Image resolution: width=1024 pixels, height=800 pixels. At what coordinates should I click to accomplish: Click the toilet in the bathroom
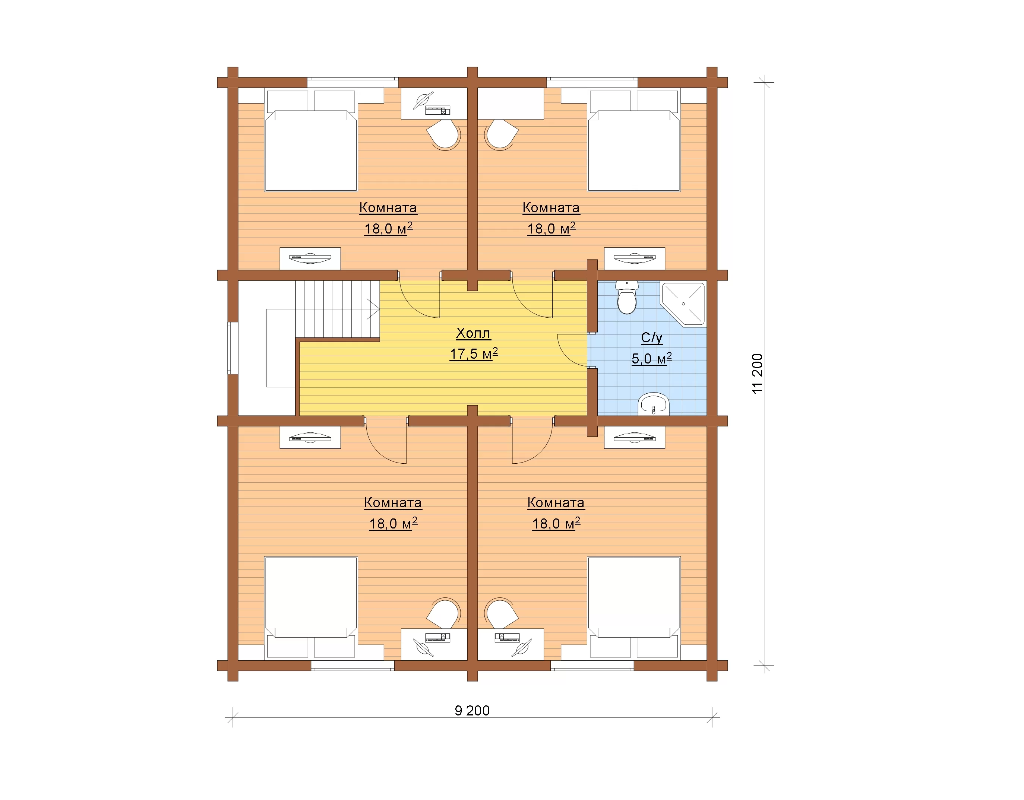pos(627,297)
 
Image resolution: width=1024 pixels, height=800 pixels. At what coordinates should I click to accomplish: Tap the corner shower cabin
pos(683,303)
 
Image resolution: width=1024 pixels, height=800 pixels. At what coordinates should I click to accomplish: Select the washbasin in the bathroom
pos(654,404)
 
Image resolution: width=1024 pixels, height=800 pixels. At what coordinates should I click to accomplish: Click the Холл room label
pos(473,333)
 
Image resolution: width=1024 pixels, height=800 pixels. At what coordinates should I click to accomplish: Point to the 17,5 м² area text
pos(474,354)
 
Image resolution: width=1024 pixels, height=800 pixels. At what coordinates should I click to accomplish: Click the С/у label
pos(652,338)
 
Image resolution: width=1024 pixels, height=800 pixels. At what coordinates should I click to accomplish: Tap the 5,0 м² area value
pos(652,359)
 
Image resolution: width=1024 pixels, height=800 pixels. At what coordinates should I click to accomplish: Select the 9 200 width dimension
pos(472,711)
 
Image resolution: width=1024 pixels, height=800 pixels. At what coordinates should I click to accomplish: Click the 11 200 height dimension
pos(757,374)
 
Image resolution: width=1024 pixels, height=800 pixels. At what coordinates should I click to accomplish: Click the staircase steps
pos(337,309)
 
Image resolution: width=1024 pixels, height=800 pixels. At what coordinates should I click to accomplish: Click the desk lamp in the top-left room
pos(424,101)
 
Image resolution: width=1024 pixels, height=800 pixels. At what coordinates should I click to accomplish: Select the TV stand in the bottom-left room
pos(310,437)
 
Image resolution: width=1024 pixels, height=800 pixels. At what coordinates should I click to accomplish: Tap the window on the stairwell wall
pos(233,348)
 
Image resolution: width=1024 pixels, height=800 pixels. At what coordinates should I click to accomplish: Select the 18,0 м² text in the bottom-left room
pos(393,524)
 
